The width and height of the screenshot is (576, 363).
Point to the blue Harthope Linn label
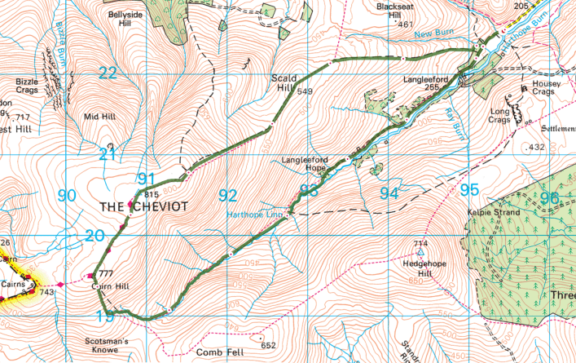pyautogui.click(x=254, y=215)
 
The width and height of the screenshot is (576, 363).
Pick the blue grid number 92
pyautogui.click(x=227, y=196)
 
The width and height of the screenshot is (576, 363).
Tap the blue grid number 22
pyautogui.click(x=108, y=73)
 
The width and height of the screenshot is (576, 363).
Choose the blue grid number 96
pyautogui.click(x=550, y=198)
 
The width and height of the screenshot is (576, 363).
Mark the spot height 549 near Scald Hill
pyautogui.click(x=305, y=91)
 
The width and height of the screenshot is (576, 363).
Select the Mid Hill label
pyautogui.click(x=99, y=117)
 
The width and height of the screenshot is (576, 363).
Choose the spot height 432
pyautogui.click(x=536, y=147)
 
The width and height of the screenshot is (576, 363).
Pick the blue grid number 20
pyautogui.click(x=95, y=235)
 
